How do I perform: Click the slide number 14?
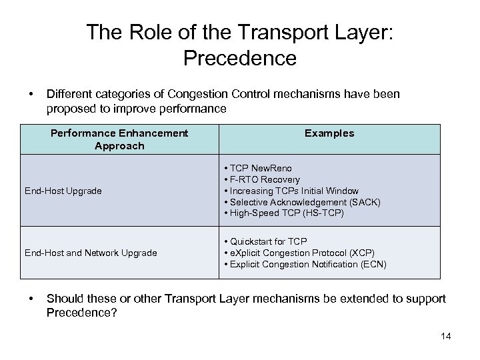446,335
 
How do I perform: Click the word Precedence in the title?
239,58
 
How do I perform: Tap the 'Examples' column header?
329,133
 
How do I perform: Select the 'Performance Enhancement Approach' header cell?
119,139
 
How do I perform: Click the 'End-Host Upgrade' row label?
63,191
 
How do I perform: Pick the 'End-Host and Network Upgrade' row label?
91,253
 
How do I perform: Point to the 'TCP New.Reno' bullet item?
261,168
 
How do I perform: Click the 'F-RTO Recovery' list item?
265,179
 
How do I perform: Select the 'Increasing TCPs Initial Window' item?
294,191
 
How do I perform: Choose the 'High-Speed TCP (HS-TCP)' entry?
285,213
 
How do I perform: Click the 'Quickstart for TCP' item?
269,241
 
